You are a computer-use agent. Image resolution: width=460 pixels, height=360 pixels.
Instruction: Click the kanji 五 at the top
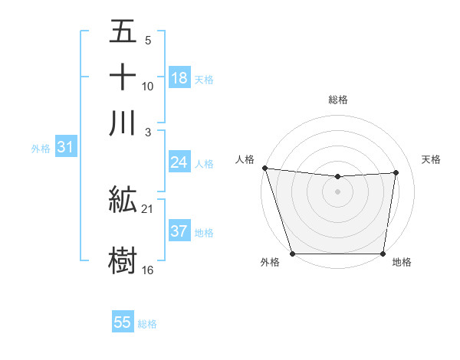(x=123, y=32)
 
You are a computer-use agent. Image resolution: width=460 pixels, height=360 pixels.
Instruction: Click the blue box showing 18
(x=179, y=78)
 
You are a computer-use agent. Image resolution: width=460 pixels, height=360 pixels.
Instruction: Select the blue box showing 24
(x=179, y=162)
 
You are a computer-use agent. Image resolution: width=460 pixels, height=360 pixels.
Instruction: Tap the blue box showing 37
(x=179, y=232)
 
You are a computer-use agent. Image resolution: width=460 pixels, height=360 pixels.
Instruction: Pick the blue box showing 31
(x=65, y=148)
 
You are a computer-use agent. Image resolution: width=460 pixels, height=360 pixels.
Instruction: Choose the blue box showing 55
(x=123, y=322)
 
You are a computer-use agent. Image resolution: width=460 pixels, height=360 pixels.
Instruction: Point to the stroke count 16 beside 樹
(x=148, y=270)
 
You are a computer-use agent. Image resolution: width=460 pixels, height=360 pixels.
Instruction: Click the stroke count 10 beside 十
(x=148, y=86)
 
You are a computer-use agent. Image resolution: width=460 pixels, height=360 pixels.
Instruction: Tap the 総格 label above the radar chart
(x=337, y=100)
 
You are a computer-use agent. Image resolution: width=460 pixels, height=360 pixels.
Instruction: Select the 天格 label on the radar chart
(x=431, y=159)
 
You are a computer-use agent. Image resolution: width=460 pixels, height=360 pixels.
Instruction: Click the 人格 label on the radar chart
(x=245, y=159)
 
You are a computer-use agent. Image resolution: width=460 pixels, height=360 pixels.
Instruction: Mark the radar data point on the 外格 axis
(x=292, y=254)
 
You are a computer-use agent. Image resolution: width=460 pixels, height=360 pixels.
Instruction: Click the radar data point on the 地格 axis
(x=383, y=254)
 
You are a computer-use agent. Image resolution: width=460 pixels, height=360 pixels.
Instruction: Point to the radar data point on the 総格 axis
(x=337, y=177)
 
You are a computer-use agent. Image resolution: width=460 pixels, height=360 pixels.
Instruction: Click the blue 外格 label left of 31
(x=41, y=149)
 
